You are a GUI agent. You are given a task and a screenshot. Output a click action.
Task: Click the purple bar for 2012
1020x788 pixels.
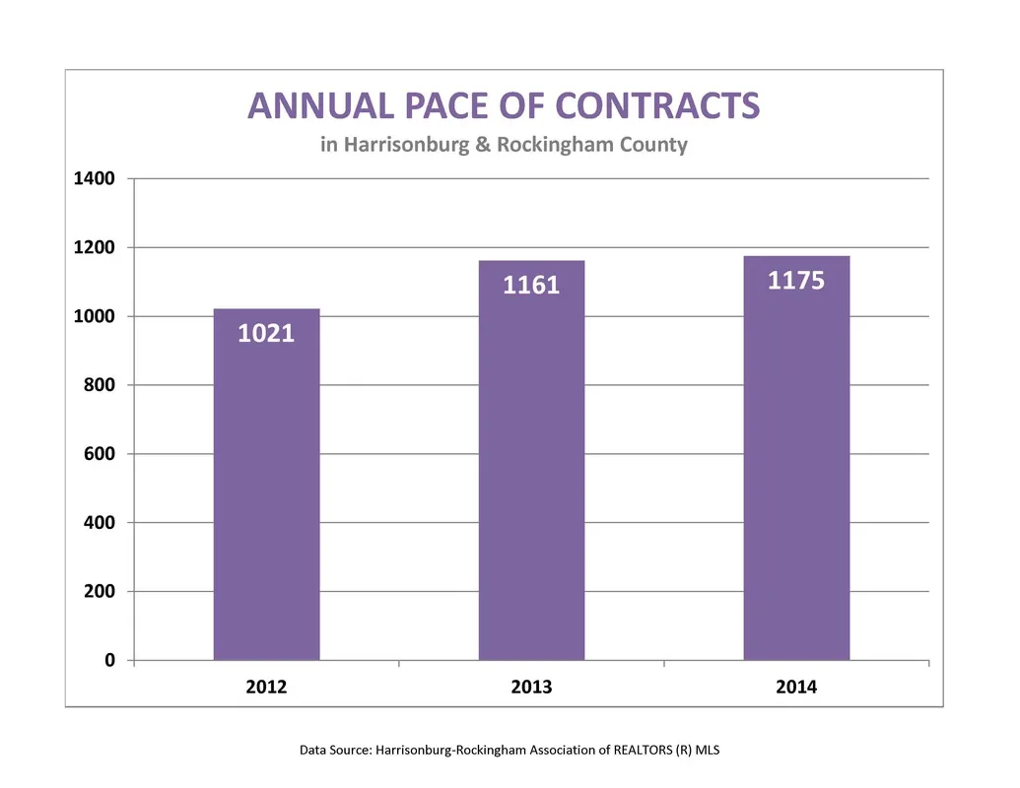(267, 485)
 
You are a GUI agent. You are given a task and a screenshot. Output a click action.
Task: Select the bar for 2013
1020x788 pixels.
(531, 460)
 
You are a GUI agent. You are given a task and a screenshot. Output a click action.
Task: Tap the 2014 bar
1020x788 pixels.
(796, 458)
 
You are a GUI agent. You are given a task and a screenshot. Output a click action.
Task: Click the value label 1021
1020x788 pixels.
(266, 334)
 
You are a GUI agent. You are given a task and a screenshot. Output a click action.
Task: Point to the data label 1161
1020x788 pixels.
(531, 286)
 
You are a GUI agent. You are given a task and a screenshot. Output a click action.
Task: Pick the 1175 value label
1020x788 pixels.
(796, 281)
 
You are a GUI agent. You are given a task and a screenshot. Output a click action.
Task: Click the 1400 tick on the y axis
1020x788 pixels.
(95, 178)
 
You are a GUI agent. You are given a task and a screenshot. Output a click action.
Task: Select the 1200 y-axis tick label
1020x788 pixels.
(95, 247)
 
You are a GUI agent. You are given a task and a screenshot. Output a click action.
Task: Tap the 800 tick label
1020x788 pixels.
(99, 385)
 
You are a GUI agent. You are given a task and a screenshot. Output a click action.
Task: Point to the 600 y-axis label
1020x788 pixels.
(99, 454)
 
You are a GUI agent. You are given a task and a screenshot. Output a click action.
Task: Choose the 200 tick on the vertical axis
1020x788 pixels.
(99, 591)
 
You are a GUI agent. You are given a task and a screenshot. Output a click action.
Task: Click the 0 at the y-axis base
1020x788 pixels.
(110, 660)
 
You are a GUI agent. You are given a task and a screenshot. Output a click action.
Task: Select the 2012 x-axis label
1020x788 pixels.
(266, 688)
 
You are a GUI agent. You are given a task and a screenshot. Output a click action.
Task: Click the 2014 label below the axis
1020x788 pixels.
(796, 688)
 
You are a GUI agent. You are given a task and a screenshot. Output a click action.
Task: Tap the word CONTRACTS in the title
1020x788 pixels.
(657, 106)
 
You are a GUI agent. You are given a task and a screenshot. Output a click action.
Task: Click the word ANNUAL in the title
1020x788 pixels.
(320, 106)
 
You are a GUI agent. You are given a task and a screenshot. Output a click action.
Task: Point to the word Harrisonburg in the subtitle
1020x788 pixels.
(407, 145)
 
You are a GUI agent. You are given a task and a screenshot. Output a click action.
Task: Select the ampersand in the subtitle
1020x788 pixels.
(483, 145)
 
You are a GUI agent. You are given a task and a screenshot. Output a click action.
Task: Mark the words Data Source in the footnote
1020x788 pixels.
(335, 751)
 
